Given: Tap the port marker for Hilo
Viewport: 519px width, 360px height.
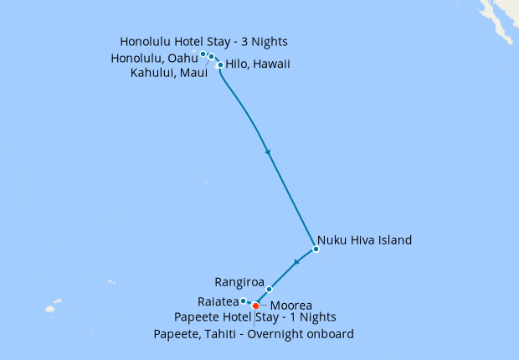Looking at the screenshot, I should [x=220, y=64].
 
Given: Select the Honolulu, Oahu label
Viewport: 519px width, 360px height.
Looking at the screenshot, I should [x=154, y=58].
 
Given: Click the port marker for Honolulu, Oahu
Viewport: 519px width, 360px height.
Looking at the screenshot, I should [x=203, y=54].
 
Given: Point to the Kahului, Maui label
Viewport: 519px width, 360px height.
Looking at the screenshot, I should [x=169, y=73].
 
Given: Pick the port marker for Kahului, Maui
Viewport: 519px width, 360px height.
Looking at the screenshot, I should [x=212, y=58].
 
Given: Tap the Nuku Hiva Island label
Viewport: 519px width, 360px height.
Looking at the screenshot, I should [x=364, y=240].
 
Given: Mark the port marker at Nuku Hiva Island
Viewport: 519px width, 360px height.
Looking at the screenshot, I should [x=316, y=249].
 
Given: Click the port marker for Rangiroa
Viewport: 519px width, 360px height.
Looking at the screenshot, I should [x=270, y=289].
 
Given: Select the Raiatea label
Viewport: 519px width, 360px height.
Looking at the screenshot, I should [x=218, y=301].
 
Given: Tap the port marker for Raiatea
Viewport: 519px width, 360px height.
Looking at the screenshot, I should [x=243, y=301].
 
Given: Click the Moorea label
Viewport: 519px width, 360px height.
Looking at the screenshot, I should [x=291, y=306].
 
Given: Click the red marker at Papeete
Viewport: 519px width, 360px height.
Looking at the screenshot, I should [x=255, y=306].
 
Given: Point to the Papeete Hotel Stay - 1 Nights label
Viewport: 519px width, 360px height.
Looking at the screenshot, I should [x=255, y=317].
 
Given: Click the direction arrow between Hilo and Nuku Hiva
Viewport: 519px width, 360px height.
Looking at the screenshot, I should [x=268, y=152].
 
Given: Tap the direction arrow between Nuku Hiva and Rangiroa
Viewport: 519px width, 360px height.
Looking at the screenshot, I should [x=295, y=264].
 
